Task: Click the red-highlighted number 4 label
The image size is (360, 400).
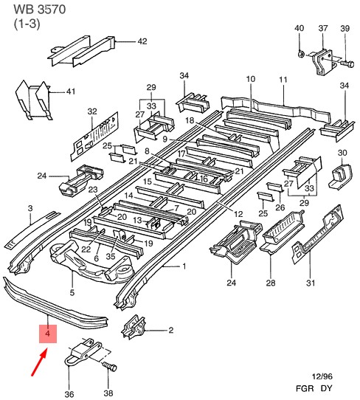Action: (48, 334)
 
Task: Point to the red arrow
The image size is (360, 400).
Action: (39, 362)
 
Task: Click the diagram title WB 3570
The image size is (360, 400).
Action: (40, 10)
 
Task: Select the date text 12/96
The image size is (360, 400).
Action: (322, 376)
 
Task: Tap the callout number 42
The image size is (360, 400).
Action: (142, 41)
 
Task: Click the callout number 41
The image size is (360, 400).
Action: (71, 92)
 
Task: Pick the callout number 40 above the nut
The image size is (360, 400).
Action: (299, 28)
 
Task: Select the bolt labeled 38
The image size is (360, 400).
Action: (110, 367)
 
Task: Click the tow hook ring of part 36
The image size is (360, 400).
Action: (67, 361)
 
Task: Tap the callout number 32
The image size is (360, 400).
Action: (92, 111)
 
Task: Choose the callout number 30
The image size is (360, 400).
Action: (342, 153)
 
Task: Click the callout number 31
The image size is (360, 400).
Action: (311, 283)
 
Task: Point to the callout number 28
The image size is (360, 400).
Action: (271, 283)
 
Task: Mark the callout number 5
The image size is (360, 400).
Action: (72, 292)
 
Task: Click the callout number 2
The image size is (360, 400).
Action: (171, 330)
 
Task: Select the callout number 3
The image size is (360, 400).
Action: (30, 208)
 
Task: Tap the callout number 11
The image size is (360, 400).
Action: (283, 80)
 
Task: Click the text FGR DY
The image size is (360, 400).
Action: (314, 388)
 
